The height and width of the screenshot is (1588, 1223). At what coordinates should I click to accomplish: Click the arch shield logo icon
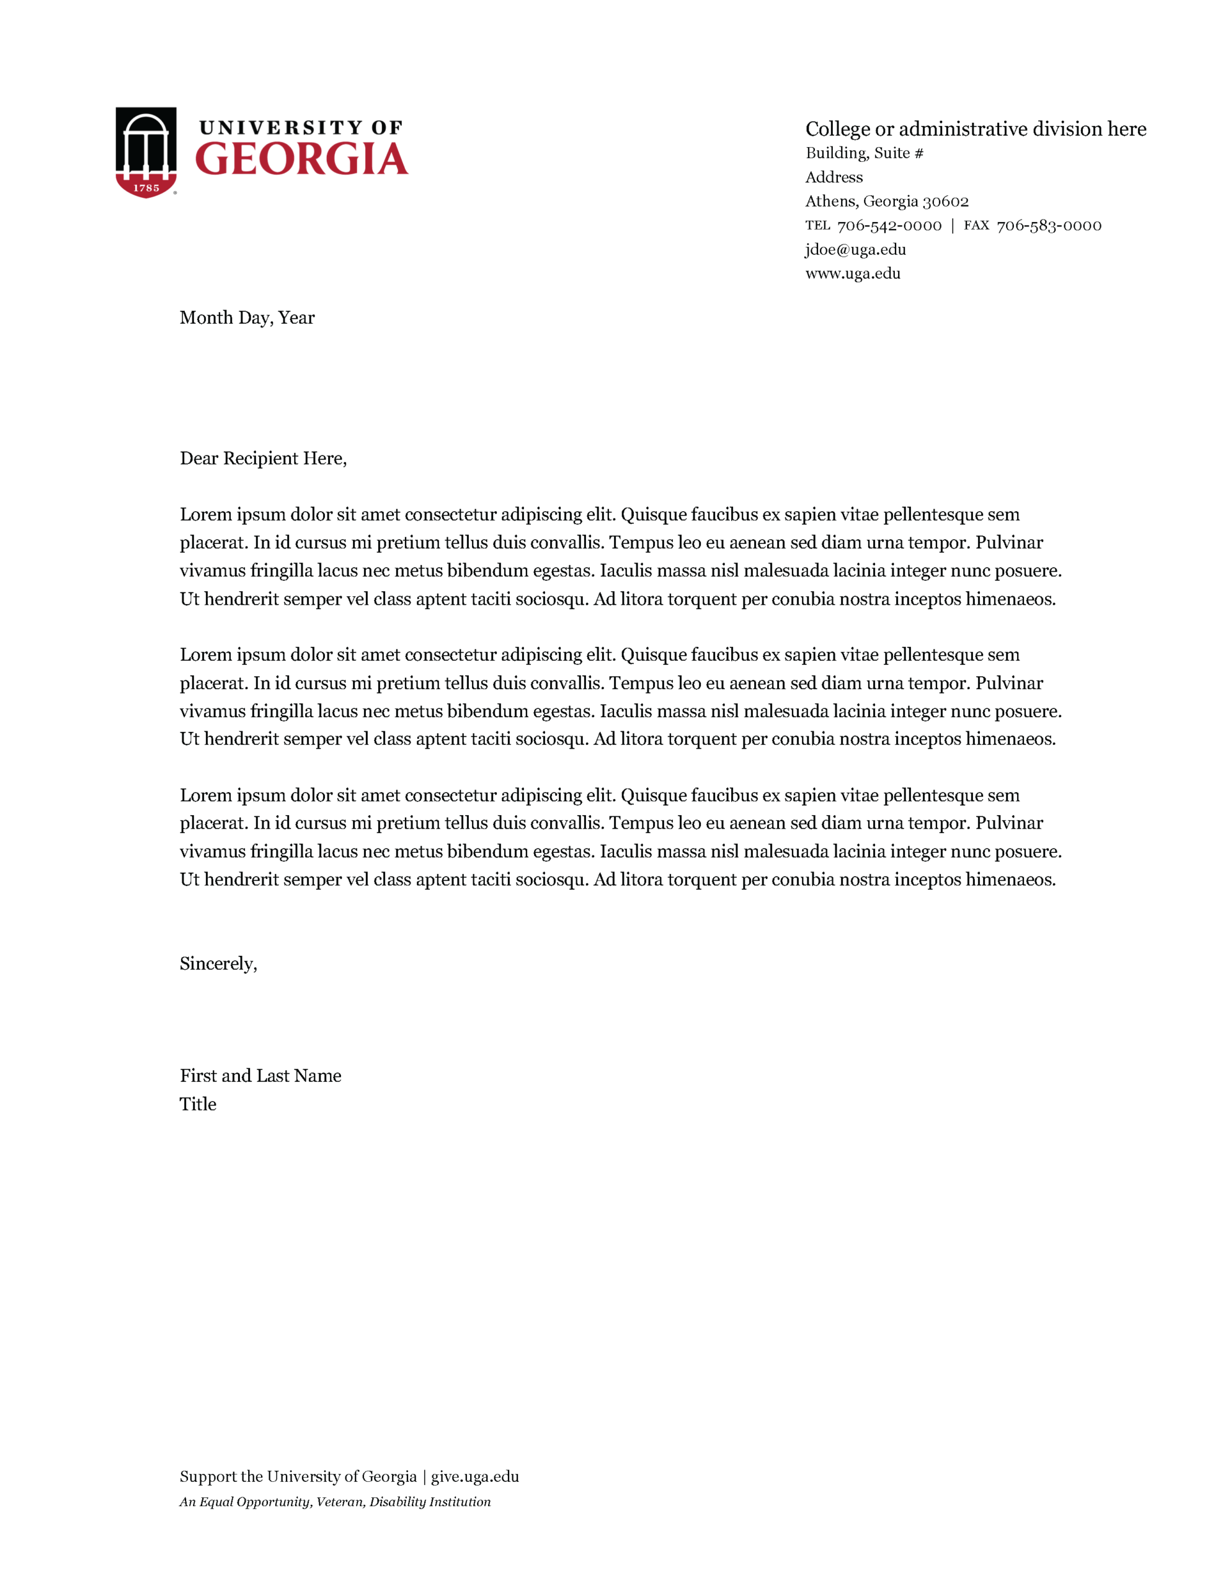[x=146, y=151]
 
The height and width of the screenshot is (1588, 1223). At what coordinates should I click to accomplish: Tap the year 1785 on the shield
[x=146, y=187]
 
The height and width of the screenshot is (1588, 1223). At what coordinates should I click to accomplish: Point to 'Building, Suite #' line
[x=864, y=153]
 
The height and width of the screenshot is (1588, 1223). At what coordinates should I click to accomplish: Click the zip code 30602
[x=945, y=202]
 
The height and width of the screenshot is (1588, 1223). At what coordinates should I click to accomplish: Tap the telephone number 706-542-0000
[x=889, y=225]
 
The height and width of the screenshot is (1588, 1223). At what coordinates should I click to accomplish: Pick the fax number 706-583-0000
[x=1049, y=225]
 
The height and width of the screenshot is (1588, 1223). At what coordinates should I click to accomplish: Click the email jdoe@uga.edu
[x=855, y=249]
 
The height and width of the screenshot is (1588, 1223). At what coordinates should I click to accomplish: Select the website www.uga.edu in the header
[x=852, y=274]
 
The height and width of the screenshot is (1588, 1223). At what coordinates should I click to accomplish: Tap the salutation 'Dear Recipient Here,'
[x=263, y=458]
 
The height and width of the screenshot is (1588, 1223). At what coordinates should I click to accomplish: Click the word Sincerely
[x=218, y=963]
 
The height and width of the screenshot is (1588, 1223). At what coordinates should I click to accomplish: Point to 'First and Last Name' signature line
[x=260, y=1076]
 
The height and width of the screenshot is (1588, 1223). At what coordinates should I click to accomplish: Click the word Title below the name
[x=198, y=1104]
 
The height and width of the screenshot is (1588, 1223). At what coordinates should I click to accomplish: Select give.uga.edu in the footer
[x=475, y=1476]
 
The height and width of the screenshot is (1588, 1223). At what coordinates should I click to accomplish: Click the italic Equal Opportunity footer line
[x=335, y=1502]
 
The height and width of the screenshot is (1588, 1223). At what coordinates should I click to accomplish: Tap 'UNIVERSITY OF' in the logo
[x=300, y=128]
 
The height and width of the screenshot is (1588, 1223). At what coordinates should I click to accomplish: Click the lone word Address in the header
[x=834, y=177]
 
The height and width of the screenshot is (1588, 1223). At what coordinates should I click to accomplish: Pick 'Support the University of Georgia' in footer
[x=298, y=1476]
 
